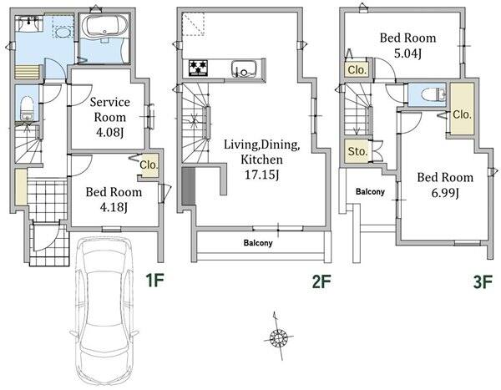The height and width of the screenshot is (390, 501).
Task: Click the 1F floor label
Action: pos(155,281)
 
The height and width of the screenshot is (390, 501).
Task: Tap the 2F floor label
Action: pos(321,281)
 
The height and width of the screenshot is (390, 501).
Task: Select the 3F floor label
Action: pos(483,282)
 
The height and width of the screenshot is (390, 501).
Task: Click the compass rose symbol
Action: pos(278,337)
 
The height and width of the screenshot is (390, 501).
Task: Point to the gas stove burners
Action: pos(198,68)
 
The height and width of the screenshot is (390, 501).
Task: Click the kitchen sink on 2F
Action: pos(244,68)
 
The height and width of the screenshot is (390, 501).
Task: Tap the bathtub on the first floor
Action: pos(104,25)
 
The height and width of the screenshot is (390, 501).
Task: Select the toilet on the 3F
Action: pos(433,94)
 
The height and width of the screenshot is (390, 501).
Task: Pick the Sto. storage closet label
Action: pos(357,151)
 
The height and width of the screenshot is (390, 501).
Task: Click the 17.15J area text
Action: pos(261,175)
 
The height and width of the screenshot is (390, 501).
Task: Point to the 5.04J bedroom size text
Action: pos(407,53)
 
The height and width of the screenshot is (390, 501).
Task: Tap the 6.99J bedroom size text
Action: pos(445,193)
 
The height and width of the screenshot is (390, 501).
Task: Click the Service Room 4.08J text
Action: pos(109,117)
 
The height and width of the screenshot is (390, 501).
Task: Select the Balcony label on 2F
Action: pos(258,243)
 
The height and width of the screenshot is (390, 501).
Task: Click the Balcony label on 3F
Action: pos(370,192)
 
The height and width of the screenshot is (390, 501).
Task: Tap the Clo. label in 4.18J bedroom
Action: pos(149,165)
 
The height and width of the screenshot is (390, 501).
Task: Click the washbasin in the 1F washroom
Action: pos(29,24)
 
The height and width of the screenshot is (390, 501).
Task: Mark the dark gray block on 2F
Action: pos(188,186)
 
